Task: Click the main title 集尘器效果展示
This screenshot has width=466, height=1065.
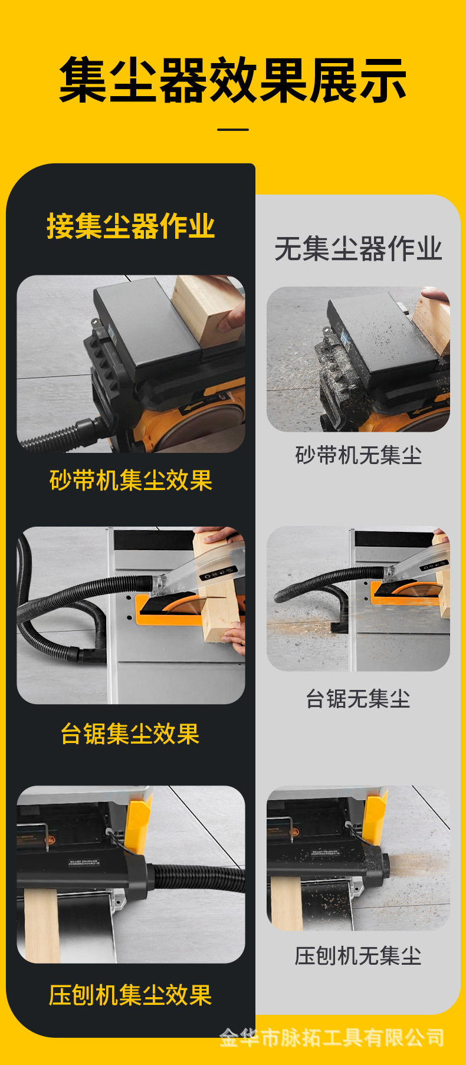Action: click(x=233, y=80)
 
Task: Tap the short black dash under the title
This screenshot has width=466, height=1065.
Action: click(x=233, y=129)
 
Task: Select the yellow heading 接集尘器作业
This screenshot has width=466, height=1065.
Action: click(x=130, y=226)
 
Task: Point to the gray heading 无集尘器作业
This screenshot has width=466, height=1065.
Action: click(x=358, y=249)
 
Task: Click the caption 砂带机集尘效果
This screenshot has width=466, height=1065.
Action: click(x=130, y=481)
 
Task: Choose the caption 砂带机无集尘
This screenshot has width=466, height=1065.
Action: click(x=358, y=455)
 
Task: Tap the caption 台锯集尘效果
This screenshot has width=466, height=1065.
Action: click(x=130, y=734)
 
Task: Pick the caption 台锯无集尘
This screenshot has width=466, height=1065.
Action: click(x=358, y=699)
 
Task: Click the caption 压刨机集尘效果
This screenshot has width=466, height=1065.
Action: click(x=130, y=995)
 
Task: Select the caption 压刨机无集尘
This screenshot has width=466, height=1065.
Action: click(x=358, y=956)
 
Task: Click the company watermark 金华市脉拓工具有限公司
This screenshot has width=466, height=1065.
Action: click(x=332, y=1038)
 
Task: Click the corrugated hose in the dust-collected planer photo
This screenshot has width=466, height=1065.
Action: click(x=201, y=879)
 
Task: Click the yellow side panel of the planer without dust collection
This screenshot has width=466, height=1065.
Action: click(x=375, y=817)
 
